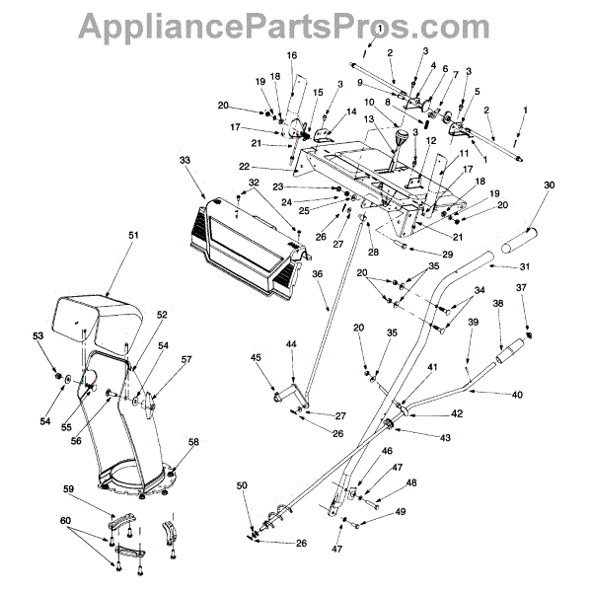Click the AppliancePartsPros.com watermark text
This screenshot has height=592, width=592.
(295, 21)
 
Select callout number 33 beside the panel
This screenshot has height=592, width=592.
(185, 160)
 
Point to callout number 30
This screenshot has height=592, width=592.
(550, 185)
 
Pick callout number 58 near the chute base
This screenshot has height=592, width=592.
(193, 441)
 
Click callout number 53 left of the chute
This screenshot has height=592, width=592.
(38, 337)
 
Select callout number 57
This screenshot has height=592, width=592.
(186, 361)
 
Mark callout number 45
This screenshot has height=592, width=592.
(256, 358)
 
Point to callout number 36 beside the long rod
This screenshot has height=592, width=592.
(318, 274)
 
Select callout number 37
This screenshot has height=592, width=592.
(522, 287)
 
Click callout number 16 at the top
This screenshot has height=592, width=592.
(292, 55)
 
